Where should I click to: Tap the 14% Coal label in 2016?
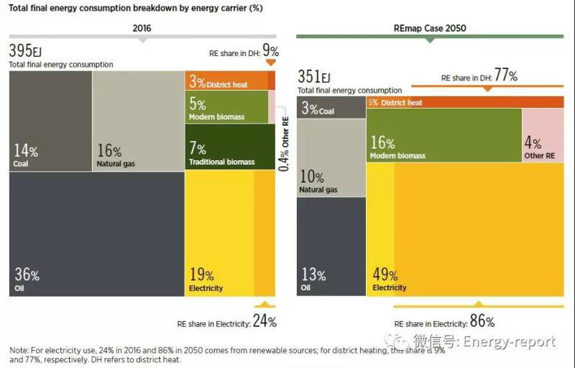coord(26,155)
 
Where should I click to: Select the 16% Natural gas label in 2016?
coord(115,155)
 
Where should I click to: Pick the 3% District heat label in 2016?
coord(218,83)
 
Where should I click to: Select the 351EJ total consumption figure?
coord(314,77)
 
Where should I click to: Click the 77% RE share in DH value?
coord(505,76)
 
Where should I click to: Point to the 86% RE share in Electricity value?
coord(482,321)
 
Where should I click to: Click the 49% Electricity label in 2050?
coord(389,278)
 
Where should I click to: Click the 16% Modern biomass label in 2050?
coord(397,147)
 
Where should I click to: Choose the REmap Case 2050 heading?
coord(431,29)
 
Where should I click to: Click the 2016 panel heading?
coord(142,29)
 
